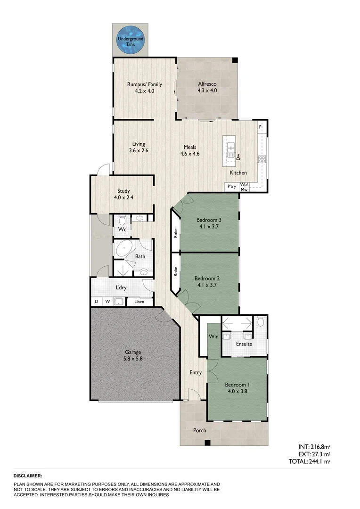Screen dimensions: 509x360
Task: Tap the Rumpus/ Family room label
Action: pyautogui.click(x=144, y=88)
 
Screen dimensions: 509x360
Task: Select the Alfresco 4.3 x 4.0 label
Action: pyautogui.click(x=207, y=88)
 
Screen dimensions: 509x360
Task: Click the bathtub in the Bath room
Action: pyautogui.click(x=124, y=248)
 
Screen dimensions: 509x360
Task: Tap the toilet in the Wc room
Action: pyautogui.click(x=122, y=220)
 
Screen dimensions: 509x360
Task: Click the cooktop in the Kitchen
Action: pyautogui.click(x=262, y=159)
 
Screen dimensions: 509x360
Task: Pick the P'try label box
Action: pyautogui.click(x=231, y=187)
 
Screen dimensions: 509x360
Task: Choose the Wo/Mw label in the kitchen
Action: pyautogui.click(x=244, y=187)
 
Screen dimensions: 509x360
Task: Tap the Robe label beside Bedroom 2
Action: pyautogui.click(x=175, y=271)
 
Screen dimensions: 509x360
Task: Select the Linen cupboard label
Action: pyautogui.click(x=139, y=302)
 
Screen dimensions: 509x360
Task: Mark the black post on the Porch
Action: pyautogui.click(x=207, y=442)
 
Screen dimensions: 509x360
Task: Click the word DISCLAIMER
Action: pyautogui.click(x=28, y=476)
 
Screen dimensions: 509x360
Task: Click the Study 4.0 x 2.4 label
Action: pyautogui.click(x=123, y=194)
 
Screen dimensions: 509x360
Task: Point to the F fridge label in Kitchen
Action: pyautogui.click(x=260, y=127)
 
